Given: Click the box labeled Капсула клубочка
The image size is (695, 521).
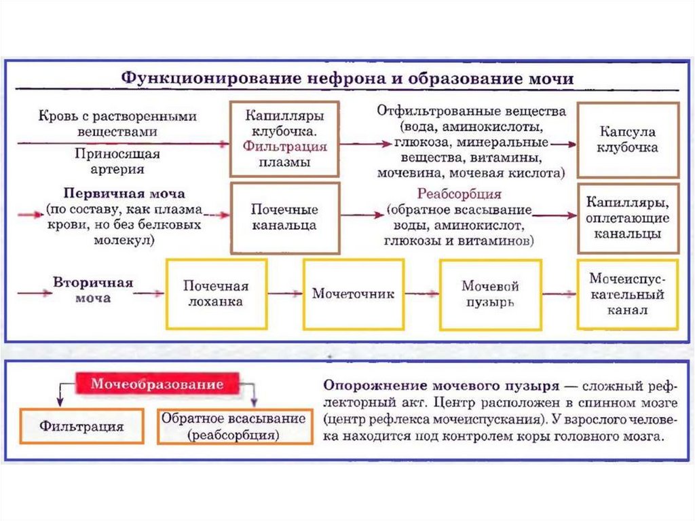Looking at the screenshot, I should coord(628,139).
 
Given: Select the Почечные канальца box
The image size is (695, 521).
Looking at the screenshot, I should coord(284,217).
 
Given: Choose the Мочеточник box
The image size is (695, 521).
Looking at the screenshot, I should coord(353,294).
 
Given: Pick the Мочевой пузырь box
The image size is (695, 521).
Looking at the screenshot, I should coord(490,293).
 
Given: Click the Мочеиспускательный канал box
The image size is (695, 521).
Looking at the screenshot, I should coord(627,294).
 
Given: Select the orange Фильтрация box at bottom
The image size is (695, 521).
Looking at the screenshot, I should coord(81,427).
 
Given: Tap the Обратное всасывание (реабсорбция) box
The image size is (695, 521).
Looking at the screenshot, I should coord(231,427).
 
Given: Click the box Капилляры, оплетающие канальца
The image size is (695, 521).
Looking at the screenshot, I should coord(628,218).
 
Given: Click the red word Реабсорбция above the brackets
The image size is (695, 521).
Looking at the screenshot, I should coord(459,194).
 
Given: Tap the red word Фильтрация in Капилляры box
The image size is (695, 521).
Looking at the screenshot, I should coord(285,146).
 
